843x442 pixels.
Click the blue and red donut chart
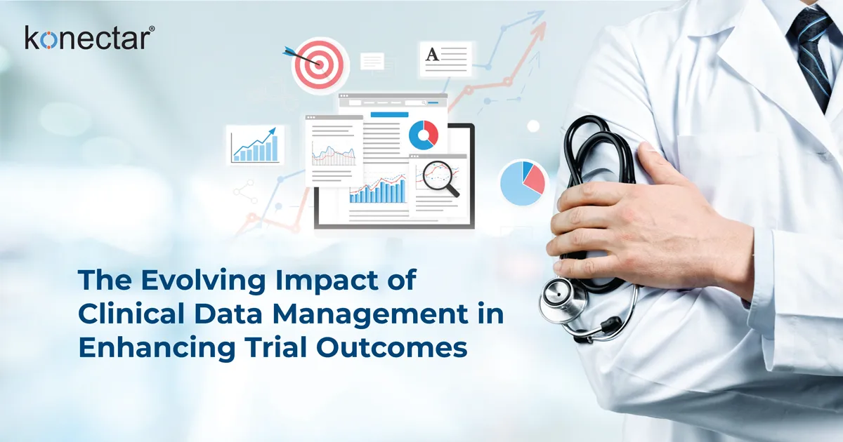424,135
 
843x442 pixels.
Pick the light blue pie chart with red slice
523,182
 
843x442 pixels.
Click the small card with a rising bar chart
256,145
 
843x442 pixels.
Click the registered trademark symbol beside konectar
151,29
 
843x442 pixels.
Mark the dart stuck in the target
295,53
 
